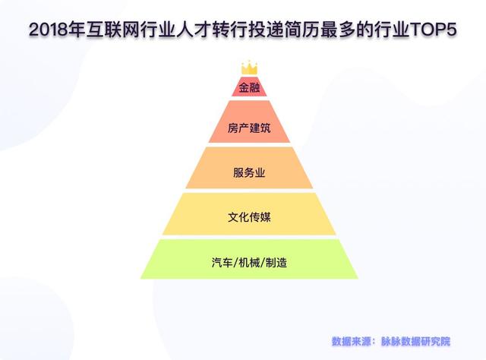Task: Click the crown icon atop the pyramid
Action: click(249, 68)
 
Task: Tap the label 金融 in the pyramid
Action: click(249, 86)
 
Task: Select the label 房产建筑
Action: click(249, 128)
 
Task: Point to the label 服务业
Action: click(249, 172)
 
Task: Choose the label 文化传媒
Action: click(249, 217)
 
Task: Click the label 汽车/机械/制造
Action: click(249, 262)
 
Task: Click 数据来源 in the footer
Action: click(352, 341)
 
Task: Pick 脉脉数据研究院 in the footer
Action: click(418, 341)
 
